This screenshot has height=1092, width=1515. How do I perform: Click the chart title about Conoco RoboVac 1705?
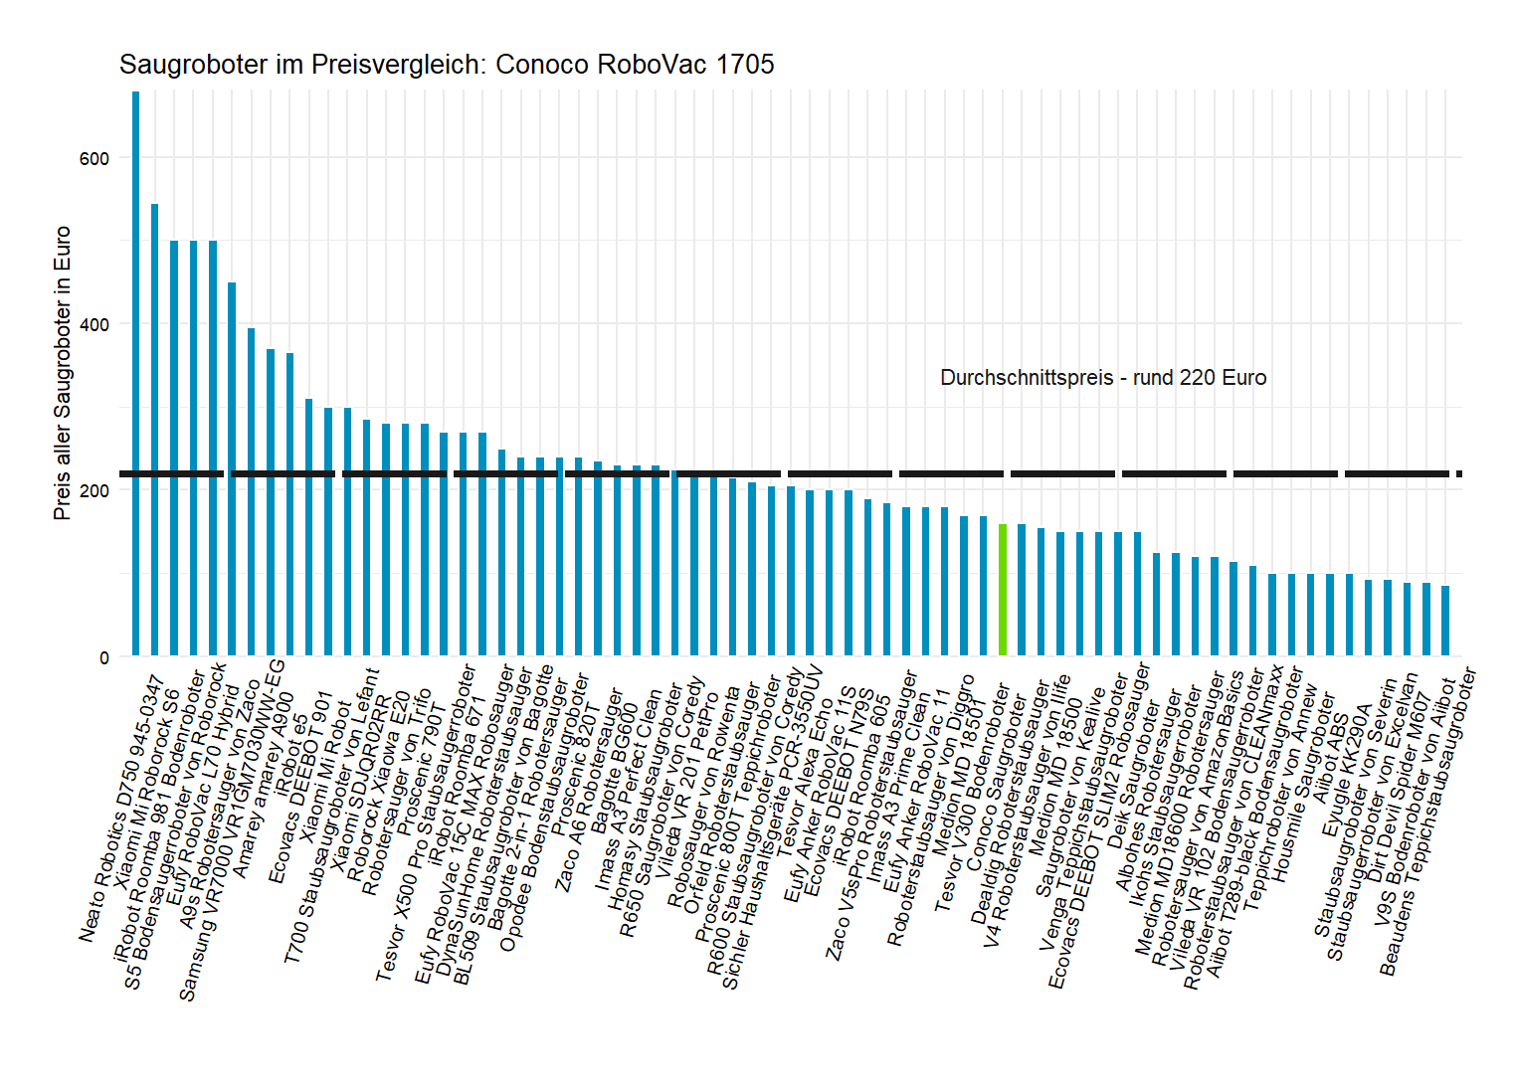[x=447, y=65]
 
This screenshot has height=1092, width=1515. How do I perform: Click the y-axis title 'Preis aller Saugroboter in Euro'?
[x=63, y=373]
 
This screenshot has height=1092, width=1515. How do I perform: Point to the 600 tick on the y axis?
[x=95, y=159]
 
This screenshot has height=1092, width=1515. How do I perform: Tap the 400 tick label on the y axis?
[x=95, y=325]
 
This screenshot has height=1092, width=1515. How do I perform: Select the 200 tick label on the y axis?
[x=95, y=491]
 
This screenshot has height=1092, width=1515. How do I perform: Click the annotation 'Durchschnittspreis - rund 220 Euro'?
[x=1103, y=378]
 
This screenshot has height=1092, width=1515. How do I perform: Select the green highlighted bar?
[x=1003, y=590]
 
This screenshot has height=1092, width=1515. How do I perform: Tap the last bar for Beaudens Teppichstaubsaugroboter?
[x=1445, y=621]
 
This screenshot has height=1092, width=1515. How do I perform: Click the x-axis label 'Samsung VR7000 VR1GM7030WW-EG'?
[x=232, y=831]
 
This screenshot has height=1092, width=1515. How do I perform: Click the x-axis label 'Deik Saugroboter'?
[x=1133, y=775]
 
